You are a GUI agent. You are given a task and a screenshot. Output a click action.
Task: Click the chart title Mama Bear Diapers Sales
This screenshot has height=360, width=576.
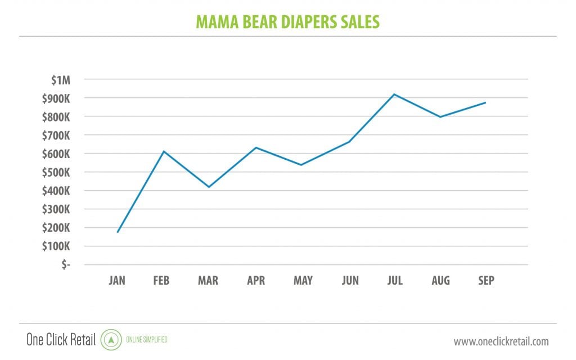287,21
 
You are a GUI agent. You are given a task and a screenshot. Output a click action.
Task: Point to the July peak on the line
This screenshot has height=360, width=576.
395,94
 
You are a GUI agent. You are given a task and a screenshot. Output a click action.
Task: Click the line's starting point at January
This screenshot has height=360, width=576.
118,232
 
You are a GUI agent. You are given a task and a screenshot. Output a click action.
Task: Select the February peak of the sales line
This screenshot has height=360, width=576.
163,151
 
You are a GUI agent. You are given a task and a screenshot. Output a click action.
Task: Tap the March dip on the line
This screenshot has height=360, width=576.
209,187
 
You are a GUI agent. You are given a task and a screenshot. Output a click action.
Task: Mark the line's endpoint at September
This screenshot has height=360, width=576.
485,102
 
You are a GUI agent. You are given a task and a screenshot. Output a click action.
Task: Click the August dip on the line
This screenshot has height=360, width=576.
440,116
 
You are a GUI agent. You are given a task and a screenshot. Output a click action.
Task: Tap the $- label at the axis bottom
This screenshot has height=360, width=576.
66,264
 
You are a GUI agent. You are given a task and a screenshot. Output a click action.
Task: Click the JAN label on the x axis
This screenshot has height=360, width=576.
118,281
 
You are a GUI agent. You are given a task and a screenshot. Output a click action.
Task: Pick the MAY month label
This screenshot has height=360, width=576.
303,281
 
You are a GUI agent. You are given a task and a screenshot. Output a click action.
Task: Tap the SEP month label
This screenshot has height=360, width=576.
485,281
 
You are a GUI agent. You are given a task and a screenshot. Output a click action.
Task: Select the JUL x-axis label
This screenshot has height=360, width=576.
395,281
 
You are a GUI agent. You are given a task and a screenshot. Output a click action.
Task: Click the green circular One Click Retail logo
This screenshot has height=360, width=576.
111,340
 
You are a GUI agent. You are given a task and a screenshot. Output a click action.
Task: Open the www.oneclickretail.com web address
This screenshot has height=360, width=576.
501,341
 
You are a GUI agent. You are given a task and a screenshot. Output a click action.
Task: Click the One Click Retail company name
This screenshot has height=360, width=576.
61,340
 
